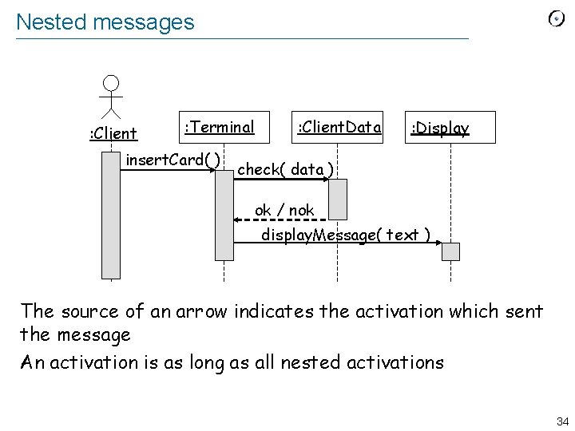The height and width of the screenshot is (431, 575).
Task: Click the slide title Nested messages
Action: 105,22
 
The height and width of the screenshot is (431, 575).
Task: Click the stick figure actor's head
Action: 111,83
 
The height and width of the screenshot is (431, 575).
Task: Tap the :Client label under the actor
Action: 112,133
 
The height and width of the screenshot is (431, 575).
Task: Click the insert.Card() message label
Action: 172,160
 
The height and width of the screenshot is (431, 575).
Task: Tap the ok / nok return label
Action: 284,210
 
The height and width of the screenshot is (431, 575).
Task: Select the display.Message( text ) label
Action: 347,235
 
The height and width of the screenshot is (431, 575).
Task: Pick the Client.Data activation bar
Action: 338,199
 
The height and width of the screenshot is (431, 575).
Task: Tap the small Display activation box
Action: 451,251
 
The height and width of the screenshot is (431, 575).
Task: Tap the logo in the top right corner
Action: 557,19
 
